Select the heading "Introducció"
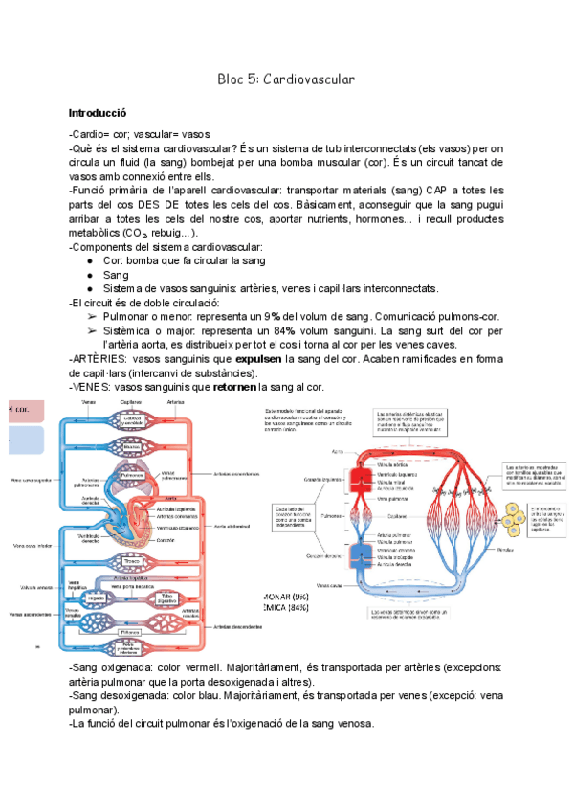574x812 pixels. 100,112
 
